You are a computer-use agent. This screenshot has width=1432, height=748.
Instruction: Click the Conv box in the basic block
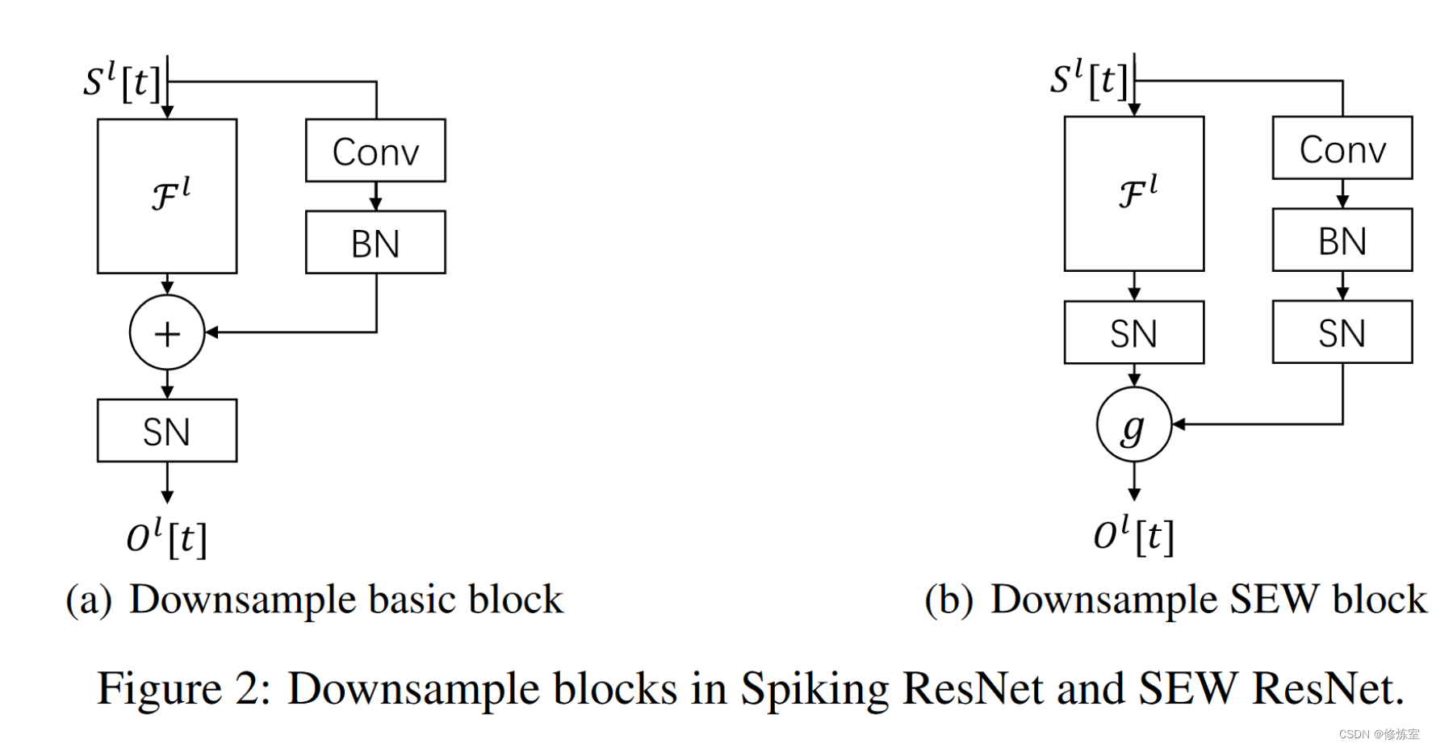tap(375, 151)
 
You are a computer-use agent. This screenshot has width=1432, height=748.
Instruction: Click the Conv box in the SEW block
tap(1342, 148)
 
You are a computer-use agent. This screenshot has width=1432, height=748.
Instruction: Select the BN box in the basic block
tap(375, 243)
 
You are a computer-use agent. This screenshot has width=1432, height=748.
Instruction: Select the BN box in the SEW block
tap(1342, 240)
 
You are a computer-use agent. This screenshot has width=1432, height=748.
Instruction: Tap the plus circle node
tap(167, 332)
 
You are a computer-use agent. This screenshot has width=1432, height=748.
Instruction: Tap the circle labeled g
tap(1133, 425)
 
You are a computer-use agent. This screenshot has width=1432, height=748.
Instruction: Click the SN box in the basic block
tap(167, 431)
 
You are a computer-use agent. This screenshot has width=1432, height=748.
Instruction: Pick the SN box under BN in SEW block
tap(1342, 332)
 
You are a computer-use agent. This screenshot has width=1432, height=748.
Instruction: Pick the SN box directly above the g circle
tap(1133, 332)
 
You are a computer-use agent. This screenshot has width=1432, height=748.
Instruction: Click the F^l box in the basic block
tap(167, 196)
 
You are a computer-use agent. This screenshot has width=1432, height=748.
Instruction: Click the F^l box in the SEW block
tap(1133, 194)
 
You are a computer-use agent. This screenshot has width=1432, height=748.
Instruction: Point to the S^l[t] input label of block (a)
tap(121, 81)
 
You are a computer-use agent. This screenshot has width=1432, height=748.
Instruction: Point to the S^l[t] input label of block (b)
tap(1087, 79)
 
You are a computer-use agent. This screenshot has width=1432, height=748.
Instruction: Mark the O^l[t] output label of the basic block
tap(167, 537)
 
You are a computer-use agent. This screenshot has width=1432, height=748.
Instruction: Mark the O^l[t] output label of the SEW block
tap(1133, 535)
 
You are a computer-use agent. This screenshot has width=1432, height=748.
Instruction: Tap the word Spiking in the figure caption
tap(814, 688)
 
